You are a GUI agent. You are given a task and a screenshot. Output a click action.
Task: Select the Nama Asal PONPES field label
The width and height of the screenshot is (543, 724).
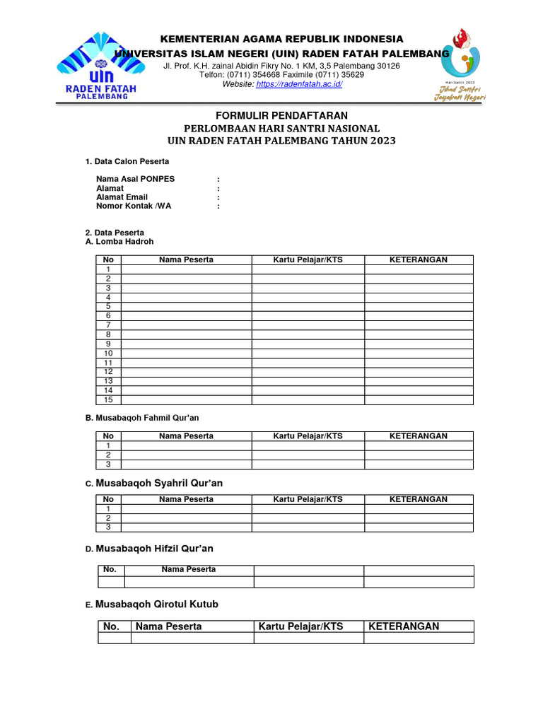click(135, 180)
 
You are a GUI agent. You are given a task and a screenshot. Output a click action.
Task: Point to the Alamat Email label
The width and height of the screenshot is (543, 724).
click(122, 197)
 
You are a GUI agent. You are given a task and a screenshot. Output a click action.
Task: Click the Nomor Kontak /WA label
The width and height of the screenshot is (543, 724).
click(134, 206)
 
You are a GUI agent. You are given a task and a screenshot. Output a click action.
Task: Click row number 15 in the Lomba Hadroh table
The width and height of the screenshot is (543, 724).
click(108, 399)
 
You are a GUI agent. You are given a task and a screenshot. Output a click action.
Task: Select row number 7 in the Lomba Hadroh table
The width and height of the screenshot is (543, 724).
click(108, 325)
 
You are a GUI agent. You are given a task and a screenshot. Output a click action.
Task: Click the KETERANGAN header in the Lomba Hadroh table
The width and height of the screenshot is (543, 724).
click(419, 260)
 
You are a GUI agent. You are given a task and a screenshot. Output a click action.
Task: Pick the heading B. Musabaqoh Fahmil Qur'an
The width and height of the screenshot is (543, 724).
click(147, 418)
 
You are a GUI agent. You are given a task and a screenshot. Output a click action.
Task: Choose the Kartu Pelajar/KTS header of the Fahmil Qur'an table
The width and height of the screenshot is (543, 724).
click(308, 436)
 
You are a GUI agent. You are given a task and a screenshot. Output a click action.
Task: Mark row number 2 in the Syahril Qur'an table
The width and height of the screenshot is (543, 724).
click(108, 518)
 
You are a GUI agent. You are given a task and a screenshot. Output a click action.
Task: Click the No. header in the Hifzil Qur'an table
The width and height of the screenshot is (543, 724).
click(110, 569)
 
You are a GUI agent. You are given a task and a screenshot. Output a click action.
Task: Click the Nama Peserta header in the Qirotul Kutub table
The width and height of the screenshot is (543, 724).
click(168, 626)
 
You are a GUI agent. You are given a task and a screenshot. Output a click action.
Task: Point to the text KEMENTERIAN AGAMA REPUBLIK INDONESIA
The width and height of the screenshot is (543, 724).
click(281, 39)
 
